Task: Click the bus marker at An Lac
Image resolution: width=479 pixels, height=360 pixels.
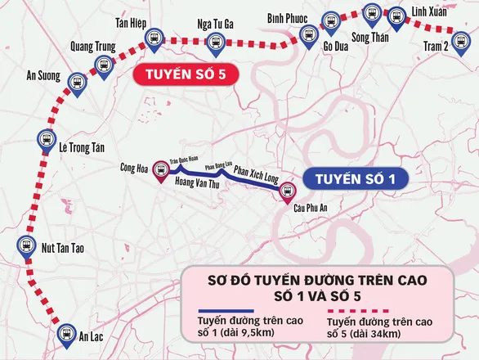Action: (x=66, y=333)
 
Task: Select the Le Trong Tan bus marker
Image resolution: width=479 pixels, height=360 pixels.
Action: (x=47, y=140)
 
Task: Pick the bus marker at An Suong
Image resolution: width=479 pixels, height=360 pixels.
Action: (x=77, y=82)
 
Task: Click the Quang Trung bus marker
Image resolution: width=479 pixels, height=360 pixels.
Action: (x=104, y=65)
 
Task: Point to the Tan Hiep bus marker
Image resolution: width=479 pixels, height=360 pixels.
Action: (x=154, y=38)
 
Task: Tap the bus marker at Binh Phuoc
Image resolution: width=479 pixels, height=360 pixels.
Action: (x=308, y=34)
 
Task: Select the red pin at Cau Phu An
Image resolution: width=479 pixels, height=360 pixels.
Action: (x=287, y=192)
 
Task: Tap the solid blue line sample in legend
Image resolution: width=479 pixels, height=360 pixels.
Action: (x=223, y=310)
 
